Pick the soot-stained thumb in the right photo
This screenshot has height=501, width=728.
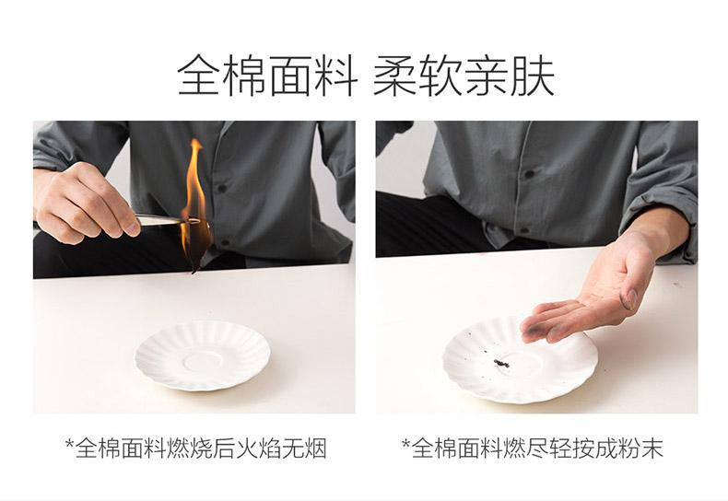pos(629,297)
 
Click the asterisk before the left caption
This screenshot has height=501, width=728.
pos(69,446)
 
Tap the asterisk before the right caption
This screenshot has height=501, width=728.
pos(405,446)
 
